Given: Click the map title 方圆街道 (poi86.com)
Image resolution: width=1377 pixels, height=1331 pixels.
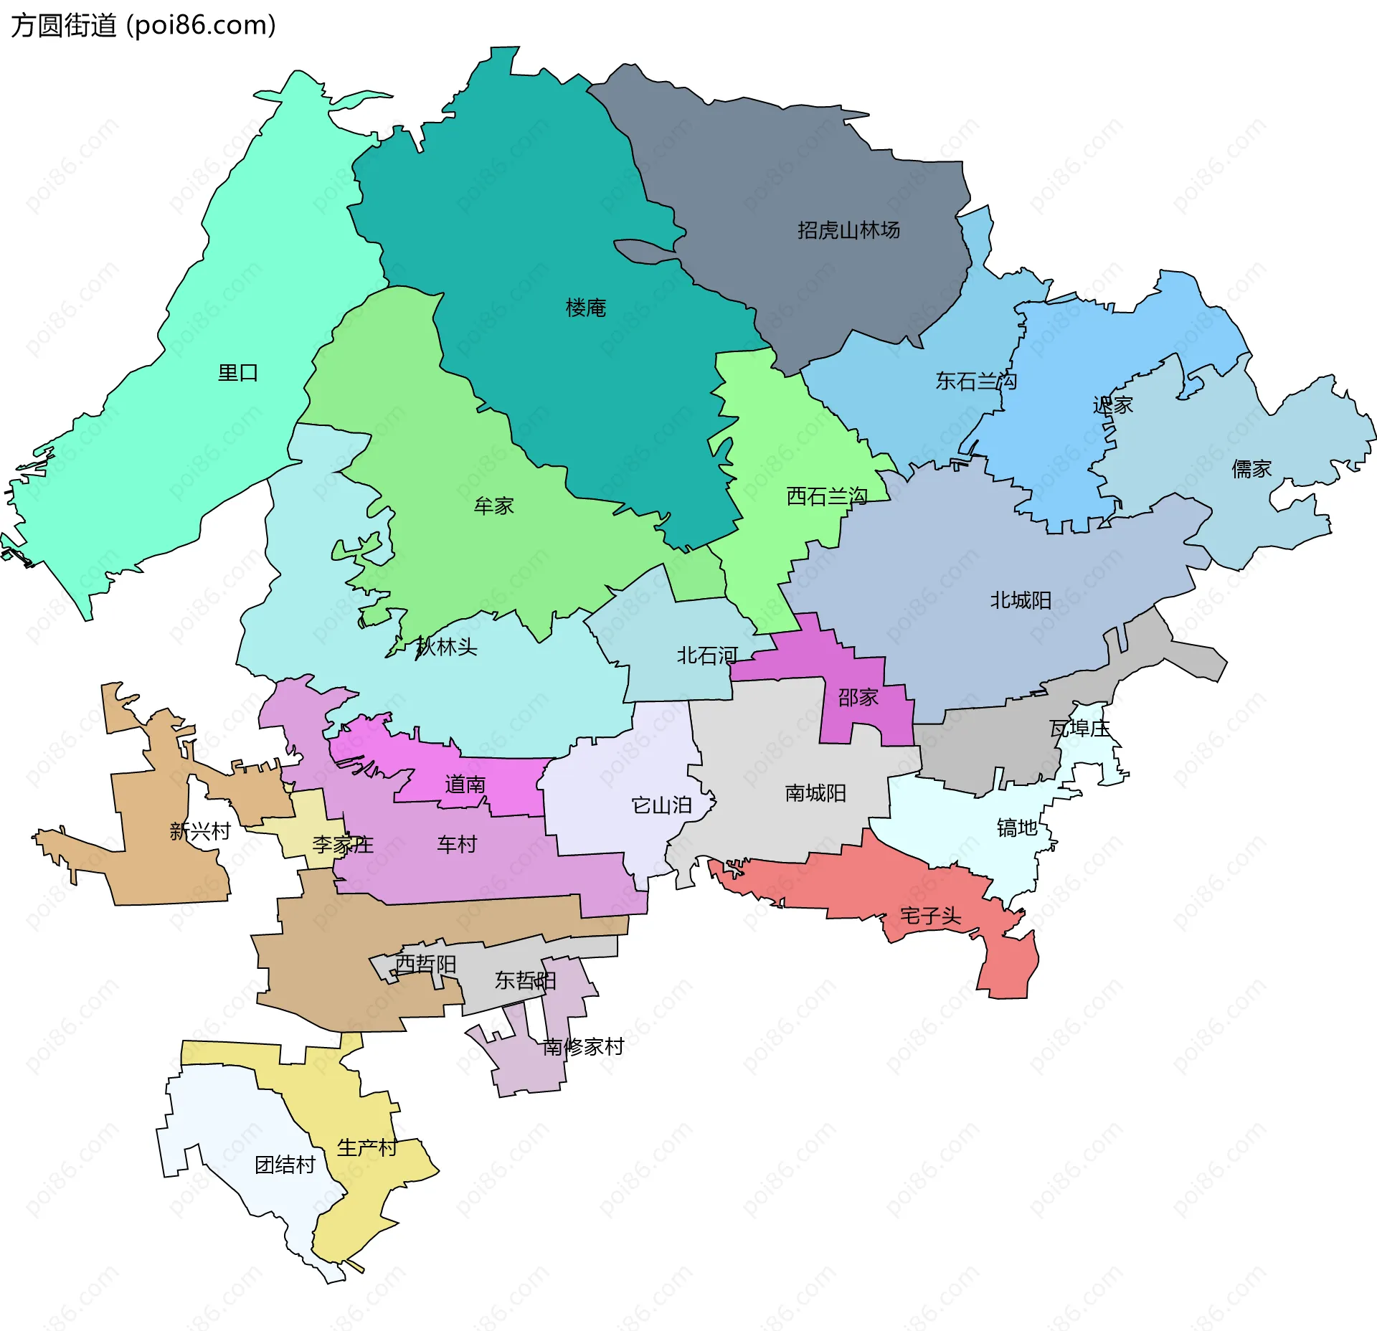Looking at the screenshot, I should coord(143,26).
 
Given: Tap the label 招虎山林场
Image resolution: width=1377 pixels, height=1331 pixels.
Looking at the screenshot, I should coord(848,230).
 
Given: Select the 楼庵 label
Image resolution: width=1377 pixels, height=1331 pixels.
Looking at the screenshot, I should coord(585,308).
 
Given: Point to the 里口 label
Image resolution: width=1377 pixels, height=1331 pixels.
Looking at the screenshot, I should coord(238,373).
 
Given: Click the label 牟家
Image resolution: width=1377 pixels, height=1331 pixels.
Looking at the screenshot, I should coord(493,506).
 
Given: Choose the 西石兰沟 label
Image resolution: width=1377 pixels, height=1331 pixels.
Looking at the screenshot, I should coord(826,496).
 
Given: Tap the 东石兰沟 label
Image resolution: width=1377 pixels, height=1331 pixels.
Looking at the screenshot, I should coord(975,381).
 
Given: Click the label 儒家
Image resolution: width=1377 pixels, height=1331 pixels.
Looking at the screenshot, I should coord(1251,469).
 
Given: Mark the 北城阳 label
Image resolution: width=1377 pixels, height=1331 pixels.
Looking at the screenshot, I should coord(1020,600).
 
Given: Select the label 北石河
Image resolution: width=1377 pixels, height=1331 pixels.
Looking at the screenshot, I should coord(707,655).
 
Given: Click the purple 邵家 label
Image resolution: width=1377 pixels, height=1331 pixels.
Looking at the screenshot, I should coord(858,697).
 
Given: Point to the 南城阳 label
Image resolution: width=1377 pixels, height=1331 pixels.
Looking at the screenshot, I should coord(815,793).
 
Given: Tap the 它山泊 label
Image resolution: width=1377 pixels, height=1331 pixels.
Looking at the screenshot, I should coord(661,805).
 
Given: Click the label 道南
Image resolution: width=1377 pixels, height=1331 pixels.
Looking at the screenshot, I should coord(465,785).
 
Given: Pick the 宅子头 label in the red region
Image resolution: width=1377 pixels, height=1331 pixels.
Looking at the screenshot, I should coord(930,916).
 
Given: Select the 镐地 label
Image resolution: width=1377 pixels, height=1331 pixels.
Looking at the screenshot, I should coord(1017,828).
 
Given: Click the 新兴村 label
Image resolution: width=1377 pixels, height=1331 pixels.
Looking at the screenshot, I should coord(200,831).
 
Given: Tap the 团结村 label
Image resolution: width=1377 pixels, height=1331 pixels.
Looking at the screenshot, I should coord(285,1165).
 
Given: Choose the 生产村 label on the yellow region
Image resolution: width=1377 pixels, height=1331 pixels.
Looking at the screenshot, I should coord(366,1147).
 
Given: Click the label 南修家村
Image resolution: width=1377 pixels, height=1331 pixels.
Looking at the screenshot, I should coord(582,1047).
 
